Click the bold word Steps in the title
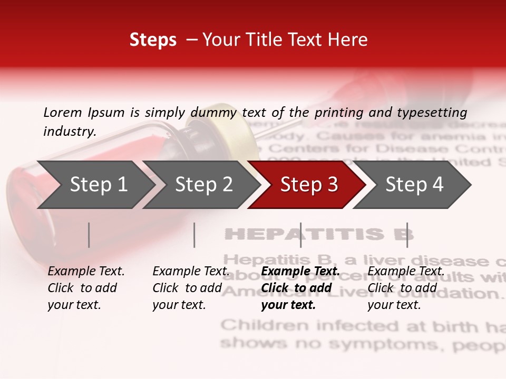click(x=153, y=40)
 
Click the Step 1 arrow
click(x=98, y=185)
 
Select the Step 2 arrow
click(x=203, y=185)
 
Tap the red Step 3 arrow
click(x=309, y=185)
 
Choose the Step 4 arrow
click(x=414, y=185)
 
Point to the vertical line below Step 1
click(x=89, y=235)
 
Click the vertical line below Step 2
click(x=194, y=235)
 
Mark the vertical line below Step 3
click(x=300, y=235)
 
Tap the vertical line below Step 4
click(x=407, y=235)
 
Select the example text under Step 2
click(x=190, y=288)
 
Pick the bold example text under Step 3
click(x=299, y=288)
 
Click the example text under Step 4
click(x=405, y=288)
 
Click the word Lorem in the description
click(x=62, y=112)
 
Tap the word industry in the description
click(x=69, y=132)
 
